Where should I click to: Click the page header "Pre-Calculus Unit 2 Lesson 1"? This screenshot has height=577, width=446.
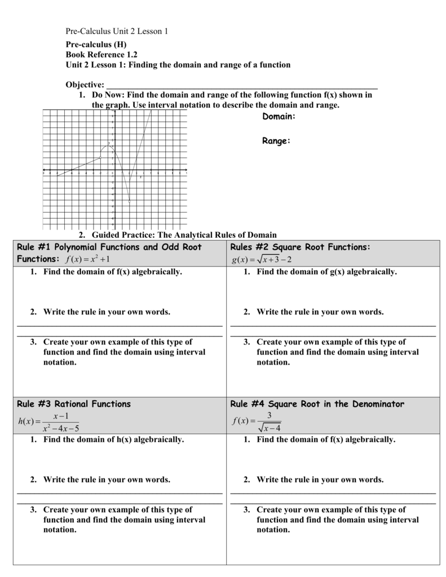(117, 32)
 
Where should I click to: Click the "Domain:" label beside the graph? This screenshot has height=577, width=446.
(279, 116)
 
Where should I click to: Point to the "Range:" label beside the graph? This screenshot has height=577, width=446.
(276, 141)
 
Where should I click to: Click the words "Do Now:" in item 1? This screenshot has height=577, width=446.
(109, 95)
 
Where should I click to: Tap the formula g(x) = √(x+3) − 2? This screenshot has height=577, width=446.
(260, 259)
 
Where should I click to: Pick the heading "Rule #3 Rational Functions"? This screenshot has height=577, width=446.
(74, 403)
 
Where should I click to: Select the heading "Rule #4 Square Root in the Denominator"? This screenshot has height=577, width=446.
(317, 403)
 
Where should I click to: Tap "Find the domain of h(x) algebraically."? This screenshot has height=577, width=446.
(113, 439)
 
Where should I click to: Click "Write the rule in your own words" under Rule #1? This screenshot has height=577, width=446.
(107, 312)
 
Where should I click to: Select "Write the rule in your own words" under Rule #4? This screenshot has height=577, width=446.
(320, 480)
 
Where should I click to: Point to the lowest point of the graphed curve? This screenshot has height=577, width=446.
(130, 202)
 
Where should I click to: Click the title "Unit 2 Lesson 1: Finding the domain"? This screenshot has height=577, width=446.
(178, 65)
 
